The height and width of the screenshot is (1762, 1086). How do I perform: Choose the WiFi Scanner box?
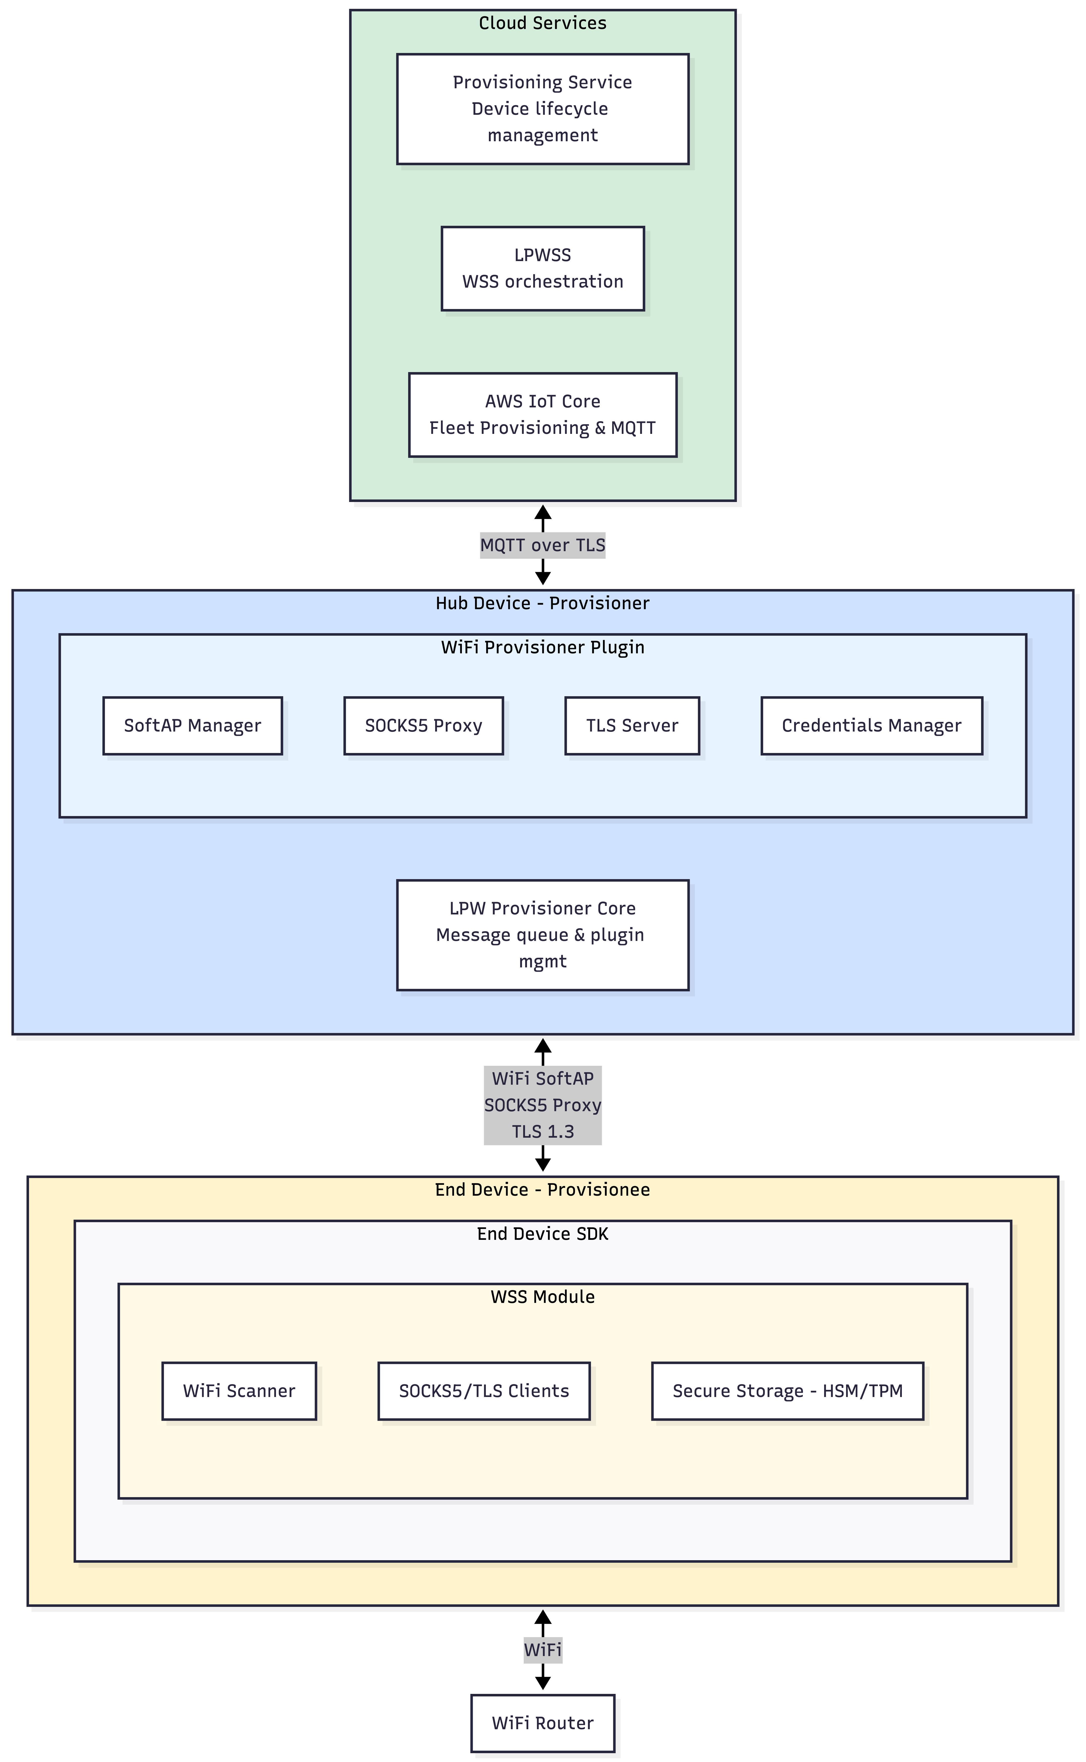(x=239, y=1391)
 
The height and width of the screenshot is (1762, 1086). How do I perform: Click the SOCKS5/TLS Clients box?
(x=484, y=1391)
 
